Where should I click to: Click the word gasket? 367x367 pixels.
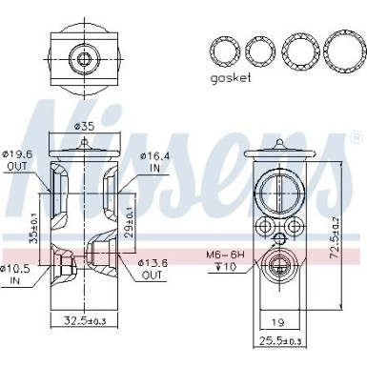click(230, 78)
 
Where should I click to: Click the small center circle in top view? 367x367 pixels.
click(84, 60)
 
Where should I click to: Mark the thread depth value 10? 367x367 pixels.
click(229, 267)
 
